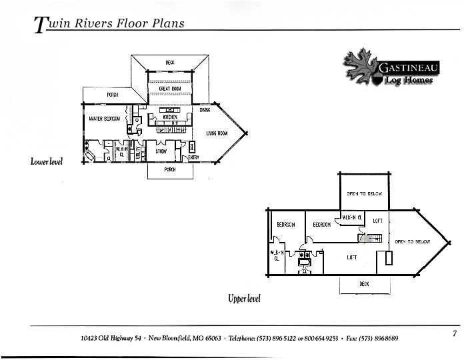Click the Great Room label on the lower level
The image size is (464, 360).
[169, 89]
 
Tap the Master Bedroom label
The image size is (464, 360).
[104, 119]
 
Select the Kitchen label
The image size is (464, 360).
[169, 117]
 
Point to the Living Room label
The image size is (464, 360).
[217, 133]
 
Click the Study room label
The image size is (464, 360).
[161, 151]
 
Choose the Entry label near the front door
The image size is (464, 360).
[193, 157]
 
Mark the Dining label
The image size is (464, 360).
[205, 110]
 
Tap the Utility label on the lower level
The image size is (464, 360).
[140, 152]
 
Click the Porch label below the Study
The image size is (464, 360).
[170, 170]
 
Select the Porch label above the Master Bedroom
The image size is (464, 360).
[113, 95]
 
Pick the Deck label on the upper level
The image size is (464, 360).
[364, 284]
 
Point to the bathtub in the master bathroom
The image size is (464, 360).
[90, 156]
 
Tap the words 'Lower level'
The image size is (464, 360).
[47, 161]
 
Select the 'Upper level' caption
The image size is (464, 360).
[244, 299]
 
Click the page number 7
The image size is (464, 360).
[454, 333]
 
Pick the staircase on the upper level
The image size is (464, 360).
[370, 237]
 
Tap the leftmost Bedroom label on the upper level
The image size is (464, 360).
[286, 225]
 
